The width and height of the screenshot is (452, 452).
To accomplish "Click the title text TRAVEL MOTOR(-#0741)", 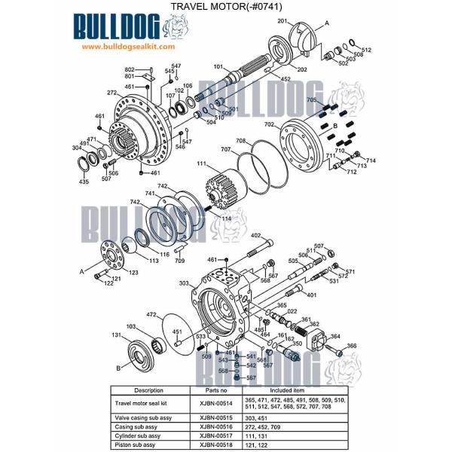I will [225, 7].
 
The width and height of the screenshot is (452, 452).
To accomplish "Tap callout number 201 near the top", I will [283, 21].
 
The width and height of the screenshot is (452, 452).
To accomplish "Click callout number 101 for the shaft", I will [218, 66].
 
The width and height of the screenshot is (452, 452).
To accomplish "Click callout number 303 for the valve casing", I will [184, 283].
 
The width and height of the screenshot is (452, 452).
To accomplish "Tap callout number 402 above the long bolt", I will [255, 236].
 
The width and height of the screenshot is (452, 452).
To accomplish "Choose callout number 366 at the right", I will [351, 346].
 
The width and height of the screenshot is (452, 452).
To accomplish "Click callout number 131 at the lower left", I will [117, 335].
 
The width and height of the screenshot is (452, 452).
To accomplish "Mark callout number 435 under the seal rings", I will [84, 182].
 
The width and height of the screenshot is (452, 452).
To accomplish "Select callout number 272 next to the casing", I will [111, 93].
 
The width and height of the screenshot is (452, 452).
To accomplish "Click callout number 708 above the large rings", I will [240, 141].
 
